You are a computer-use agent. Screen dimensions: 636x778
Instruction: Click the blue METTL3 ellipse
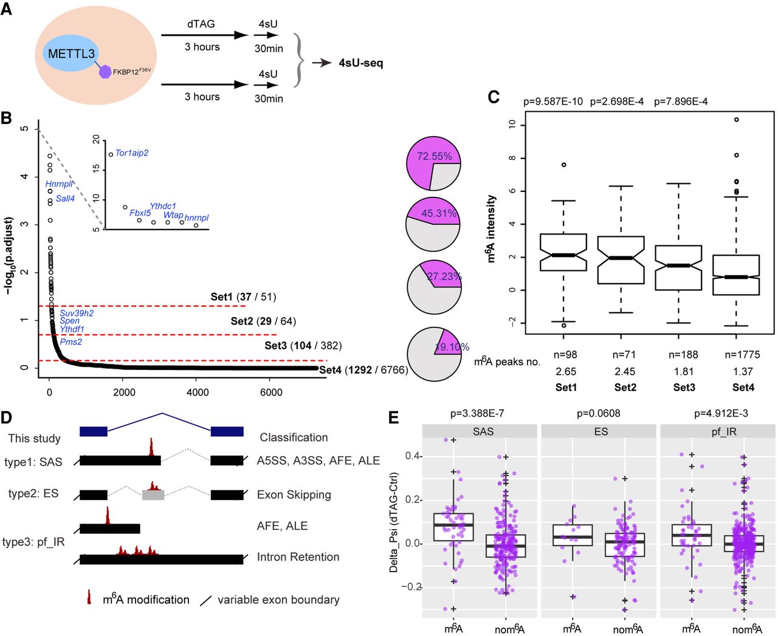tap(72, 53)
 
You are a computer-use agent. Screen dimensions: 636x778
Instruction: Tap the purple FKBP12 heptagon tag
tap(106, 72)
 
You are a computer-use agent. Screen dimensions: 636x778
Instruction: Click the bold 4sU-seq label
tap(361, 63)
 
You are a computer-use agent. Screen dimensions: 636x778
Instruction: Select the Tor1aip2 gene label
tap(132, 153)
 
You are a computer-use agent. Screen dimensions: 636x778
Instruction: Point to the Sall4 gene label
tap(65, 199)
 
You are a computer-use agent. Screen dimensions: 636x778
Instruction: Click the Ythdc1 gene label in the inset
tap(163, 207)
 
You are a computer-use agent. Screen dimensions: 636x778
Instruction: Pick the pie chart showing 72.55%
tap(433, 163)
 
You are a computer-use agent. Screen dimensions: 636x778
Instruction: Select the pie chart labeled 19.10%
tap(433, 355)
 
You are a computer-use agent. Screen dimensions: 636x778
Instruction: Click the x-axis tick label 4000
tap(198, 392)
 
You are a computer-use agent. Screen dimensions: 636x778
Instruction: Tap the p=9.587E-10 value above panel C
tap(553, 101)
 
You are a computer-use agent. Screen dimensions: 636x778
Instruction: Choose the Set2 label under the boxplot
tap(625, 388)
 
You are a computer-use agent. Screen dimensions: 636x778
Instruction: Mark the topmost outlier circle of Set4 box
tap(737, 120)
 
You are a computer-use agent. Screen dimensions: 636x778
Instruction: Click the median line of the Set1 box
tap(563, 255)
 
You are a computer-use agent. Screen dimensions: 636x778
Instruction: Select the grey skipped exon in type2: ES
tap(153, 495)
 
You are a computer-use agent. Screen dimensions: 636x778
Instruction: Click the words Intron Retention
tap(298, 557)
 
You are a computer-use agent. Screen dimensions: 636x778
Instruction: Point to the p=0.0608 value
tap(599, 414)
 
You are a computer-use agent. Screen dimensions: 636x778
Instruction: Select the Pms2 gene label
tap(71, 342)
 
